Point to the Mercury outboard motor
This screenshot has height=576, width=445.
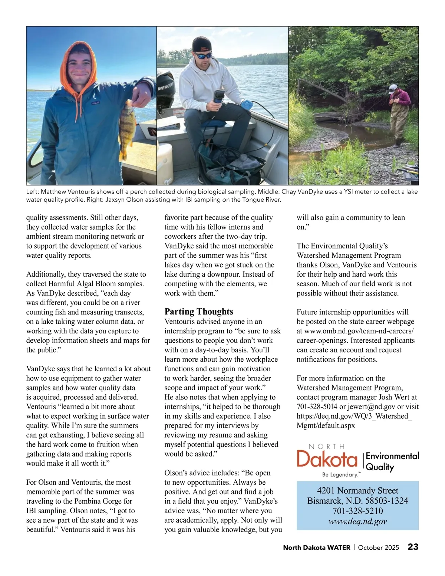[165, 89]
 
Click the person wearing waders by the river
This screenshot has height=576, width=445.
[399, 113]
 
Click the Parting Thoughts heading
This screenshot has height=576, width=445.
[199, 312]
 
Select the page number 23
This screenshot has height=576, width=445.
[413, 547]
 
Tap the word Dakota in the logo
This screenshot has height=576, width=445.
[327, 460]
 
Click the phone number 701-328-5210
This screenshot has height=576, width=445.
[357, 511]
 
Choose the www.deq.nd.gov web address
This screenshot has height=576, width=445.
[357, 521]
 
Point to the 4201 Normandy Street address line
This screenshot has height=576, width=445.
[357, 491]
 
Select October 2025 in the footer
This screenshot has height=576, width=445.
[379, 547]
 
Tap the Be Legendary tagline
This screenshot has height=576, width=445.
[340, 475]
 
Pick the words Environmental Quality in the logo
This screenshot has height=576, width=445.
[392, 461]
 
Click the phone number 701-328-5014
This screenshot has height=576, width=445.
[317, 407]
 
